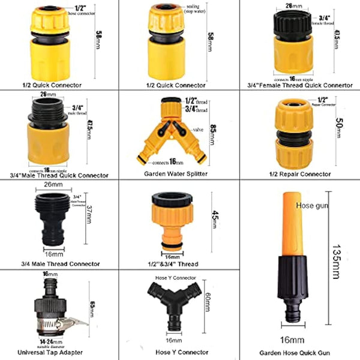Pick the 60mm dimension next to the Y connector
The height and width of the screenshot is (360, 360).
coord(208,299)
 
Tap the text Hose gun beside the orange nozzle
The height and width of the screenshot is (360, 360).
coord(313,206)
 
